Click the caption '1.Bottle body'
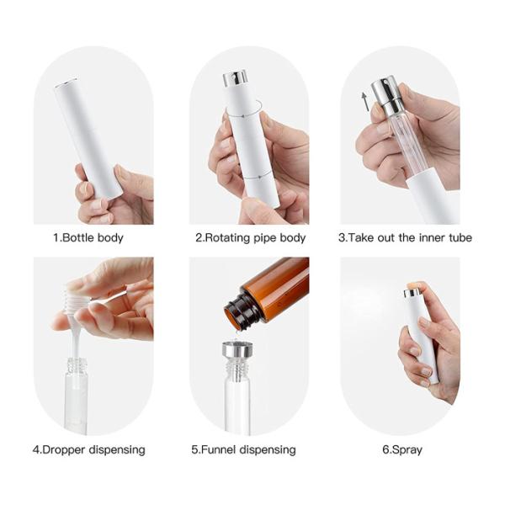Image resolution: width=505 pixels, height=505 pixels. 93,238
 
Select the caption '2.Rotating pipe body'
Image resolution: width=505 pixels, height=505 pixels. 250,238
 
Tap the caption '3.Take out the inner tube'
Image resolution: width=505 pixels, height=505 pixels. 404,238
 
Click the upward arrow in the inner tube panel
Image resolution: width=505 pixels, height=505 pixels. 364,101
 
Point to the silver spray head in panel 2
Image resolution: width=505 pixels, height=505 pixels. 235,79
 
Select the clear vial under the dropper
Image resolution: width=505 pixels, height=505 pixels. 76,387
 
